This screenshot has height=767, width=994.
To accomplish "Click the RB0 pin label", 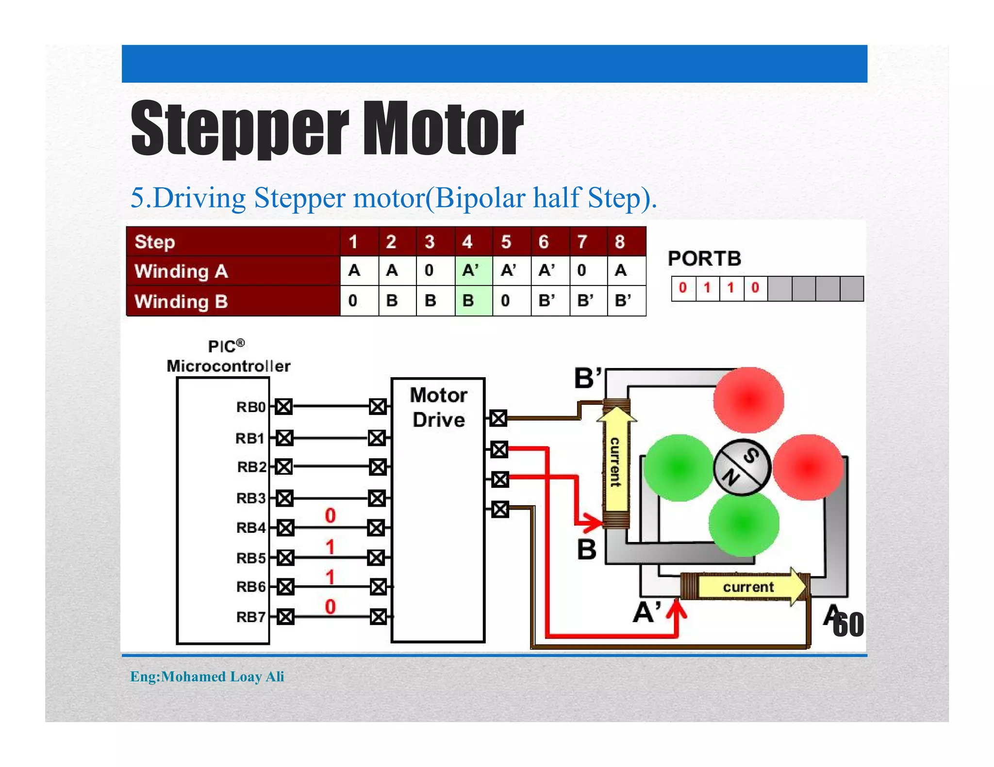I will [250, 407].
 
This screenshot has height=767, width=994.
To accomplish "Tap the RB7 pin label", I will [250, 617].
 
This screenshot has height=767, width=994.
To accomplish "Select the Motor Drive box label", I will [438, 407].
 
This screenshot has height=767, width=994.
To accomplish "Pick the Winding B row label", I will [181, 301].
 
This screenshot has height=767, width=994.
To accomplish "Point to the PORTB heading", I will [704, 258].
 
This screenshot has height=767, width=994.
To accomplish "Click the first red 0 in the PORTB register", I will [683, 288].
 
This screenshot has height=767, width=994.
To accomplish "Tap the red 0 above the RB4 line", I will [330, 515].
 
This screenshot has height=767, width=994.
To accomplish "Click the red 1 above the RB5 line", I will [330, 547].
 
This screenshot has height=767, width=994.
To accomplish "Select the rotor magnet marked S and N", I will [742, 467].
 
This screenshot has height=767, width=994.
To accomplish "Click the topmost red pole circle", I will [748, 399].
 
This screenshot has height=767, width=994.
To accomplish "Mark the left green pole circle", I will [679, 467].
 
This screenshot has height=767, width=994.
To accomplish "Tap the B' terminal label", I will [588, 378].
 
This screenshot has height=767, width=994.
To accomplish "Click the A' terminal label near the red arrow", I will [647, 612].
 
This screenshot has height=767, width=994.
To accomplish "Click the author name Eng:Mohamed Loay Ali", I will [207, 676].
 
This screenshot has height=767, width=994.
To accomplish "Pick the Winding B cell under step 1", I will [353, 301].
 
